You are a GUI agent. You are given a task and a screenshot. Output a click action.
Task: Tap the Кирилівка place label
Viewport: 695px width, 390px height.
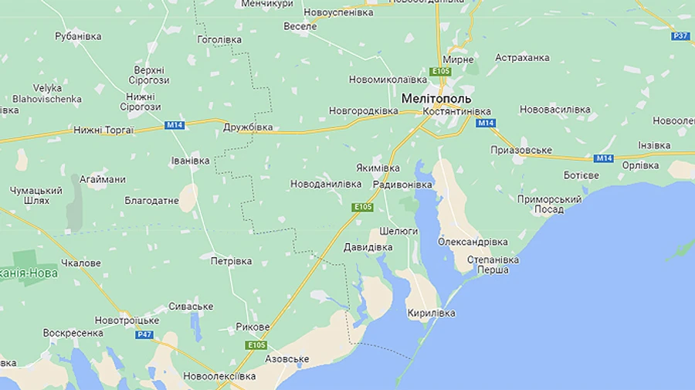point(432,313)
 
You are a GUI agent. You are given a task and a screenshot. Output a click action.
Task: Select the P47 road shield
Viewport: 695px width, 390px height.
point(144,334)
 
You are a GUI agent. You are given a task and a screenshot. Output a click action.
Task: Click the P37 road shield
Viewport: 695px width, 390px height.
point(680,36)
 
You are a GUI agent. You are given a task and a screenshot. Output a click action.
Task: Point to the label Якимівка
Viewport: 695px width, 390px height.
point(378,168)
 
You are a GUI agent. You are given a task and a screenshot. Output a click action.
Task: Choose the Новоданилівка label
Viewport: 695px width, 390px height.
point(326,184)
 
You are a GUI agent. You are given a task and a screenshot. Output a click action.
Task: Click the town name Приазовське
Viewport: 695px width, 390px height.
point(521,150)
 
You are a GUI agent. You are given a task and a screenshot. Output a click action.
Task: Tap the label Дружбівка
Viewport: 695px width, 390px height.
point(248,127)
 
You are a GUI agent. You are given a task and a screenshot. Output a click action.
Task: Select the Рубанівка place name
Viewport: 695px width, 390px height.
point(79,36)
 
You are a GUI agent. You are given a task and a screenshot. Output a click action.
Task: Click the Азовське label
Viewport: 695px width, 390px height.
point(286,359)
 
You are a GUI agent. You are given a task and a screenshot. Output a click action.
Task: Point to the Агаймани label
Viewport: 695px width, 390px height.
point(102,179)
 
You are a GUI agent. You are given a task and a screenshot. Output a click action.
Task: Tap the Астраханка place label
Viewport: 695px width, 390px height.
point(522,58)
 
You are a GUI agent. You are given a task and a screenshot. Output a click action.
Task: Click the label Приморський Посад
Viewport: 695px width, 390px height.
point(549,204)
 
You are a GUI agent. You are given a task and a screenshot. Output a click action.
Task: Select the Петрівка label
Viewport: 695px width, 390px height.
point(231,261)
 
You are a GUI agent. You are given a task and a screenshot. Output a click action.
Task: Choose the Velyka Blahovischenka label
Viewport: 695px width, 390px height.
point(47,93)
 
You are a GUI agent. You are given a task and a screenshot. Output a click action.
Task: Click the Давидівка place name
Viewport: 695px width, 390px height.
point(368,247)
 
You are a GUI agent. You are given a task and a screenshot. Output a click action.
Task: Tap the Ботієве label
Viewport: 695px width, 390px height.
point(581,175)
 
